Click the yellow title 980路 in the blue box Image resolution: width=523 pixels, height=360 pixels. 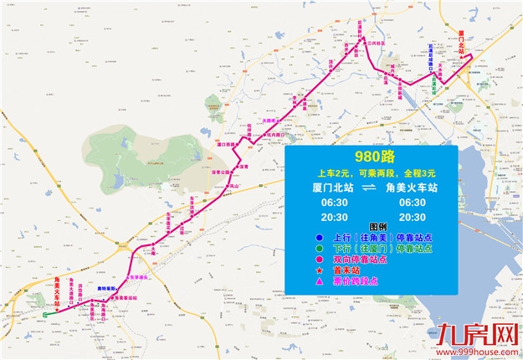click(373, 157)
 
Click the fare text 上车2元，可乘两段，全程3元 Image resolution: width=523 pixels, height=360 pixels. click(372, 172)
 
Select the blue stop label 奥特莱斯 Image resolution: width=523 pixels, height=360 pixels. click(107, 286)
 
